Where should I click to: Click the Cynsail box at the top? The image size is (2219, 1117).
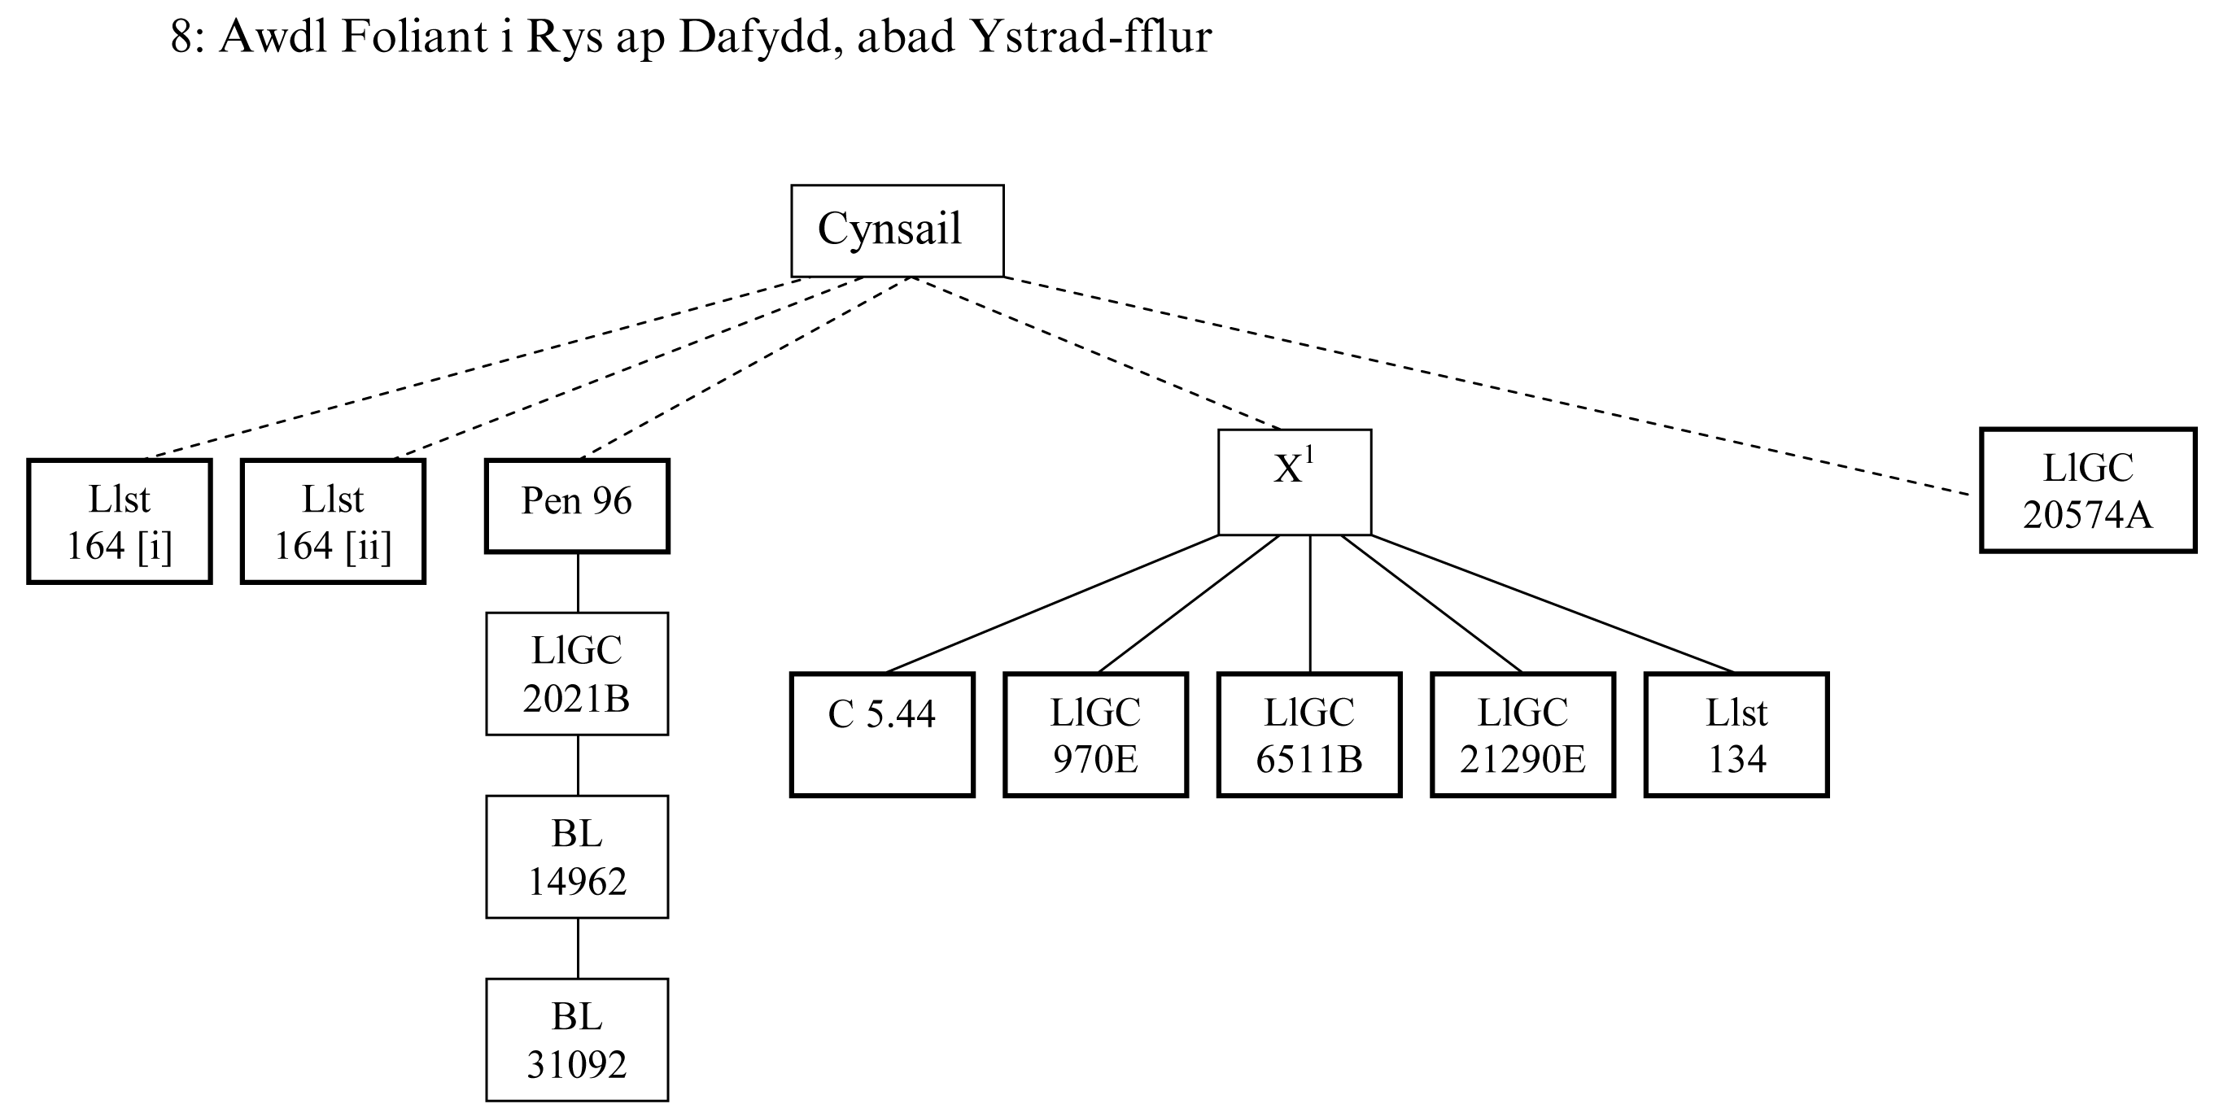[x=897, y=231]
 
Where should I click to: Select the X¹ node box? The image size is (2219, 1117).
[x=1294, y=482]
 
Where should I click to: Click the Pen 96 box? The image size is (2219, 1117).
[x=577, y=505]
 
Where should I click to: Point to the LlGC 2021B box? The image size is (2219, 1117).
[x=577, y=674]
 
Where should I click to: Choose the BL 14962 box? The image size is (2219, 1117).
[x=577, y=857]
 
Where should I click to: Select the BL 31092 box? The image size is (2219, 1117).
[x=577, y=1040]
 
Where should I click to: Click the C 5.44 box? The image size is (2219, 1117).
[x=882, y=735]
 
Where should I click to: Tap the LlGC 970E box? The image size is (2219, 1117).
[x=1096, y=735]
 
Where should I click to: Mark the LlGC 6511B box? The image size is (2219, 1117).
[x=1309, y=735]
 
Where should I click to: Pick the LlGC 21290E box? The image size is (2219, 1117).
[x=1523, y=735]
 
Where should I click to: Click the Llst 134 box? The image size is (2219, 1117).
[x=1736, y=735]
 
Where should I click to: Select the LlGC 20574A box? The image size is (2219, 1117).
[x=2087, y=490]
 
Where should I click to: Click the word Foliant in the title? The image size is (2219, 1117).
[x=414, y=37]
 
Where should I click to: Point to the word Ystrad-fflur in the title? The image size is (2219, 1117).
[x=1090, y=37]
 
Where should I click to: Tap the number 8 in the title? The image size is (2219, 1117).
[x=180, y=37]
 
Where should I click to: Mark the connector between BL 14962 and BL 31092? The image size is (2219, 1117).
[x=578, y=949]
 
